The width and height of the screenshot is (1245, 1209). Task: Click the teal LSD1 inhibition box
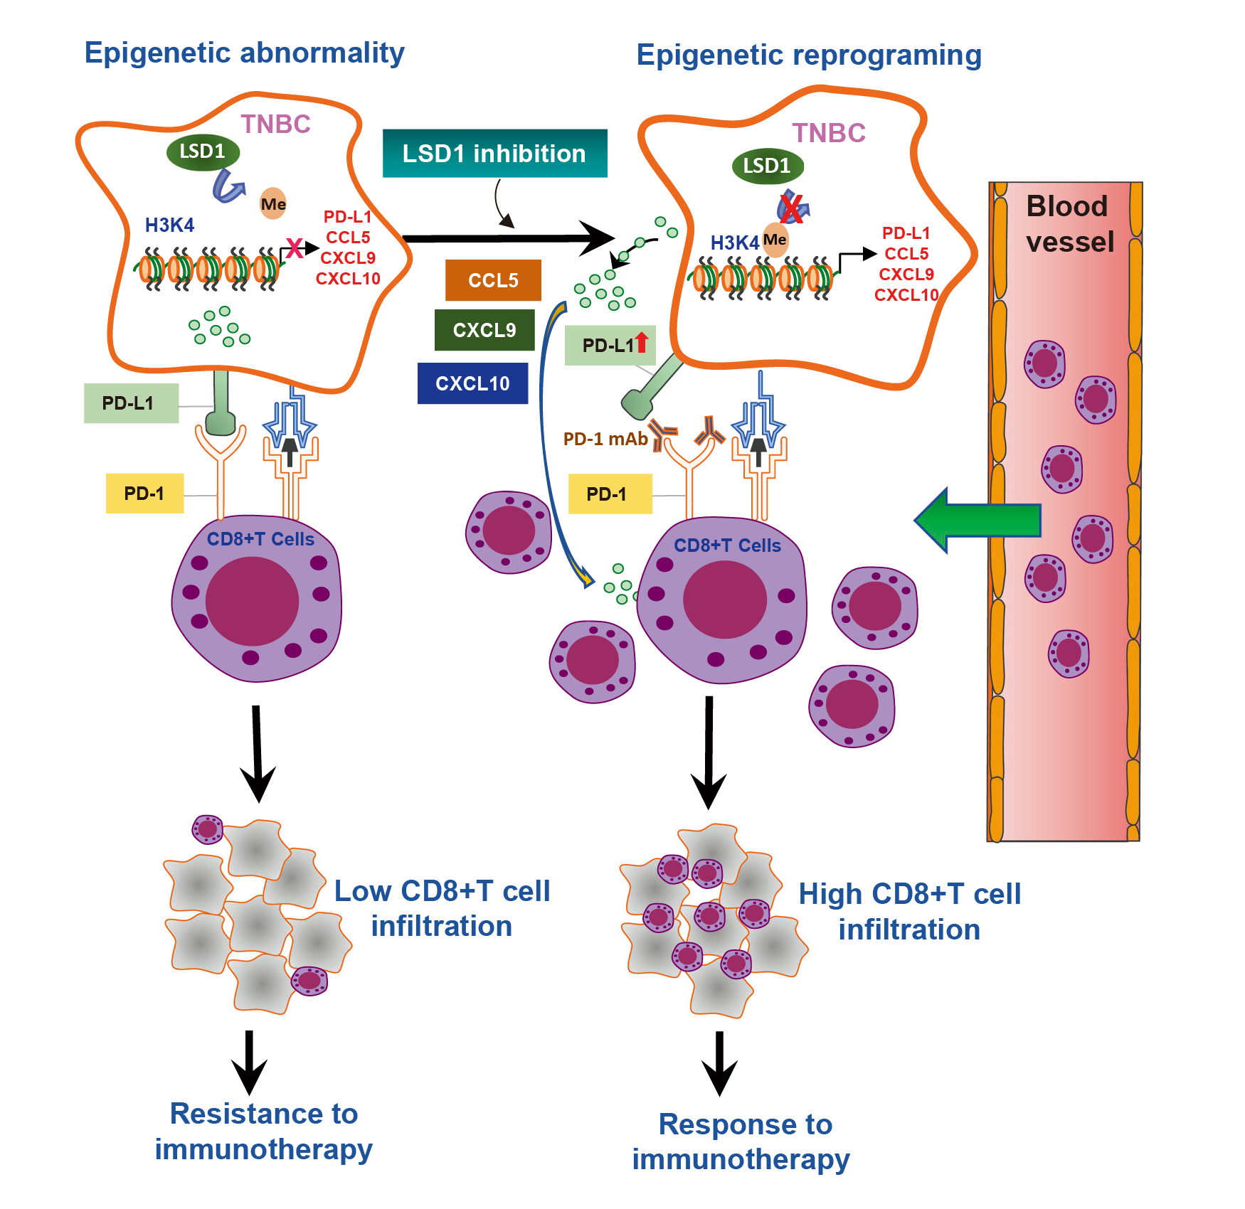click(494, 154)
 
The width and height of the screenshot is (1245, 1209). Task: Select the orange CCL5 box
click(493, 280)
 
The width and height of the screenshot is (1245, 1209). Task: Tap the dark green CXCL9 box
click(484, 330)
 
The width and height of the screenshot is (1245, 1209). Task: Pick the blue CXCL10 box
click(472, 383)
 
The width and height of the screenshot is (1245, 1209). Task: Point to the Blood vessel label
click(1069, 224)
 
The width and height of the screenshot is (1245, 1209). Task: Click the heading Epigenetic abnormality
click(244, 53)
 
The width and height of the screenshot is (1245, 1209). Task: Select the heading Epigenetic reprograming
click(808, 55)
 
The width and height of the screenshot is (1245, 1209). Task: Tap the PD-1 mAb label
click(605, 439)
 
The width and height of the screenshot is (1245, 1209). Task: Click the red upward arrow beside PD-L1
click(642, 342)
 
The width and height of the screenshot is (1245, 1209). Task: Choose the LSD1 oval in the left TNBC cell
click(203, 151)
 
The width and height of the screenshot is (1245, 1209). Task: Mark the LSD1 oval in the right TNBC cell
click(767, 166)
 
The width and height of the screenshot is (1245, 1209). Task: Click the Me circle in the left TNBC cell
click(273, 204)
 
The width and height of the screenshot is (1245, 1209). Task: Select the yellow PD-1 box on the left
click(144, 494)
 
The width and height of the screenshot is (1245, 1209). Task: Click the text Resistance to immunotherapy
click(263, 1131)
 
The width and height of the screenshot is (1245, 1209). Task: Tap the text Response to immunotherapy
click(742, 1141)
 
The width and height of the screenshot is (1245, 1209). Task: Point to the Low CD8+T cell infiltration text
click(442, 908)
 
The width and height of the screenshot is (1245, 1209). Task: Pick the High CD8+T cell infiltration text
click(909, 912)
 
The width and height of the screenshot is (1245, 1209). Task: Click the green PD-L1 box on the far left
click(131, 403)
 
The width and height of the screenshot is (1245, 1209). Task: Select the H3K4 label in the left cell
click(169, 225)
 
